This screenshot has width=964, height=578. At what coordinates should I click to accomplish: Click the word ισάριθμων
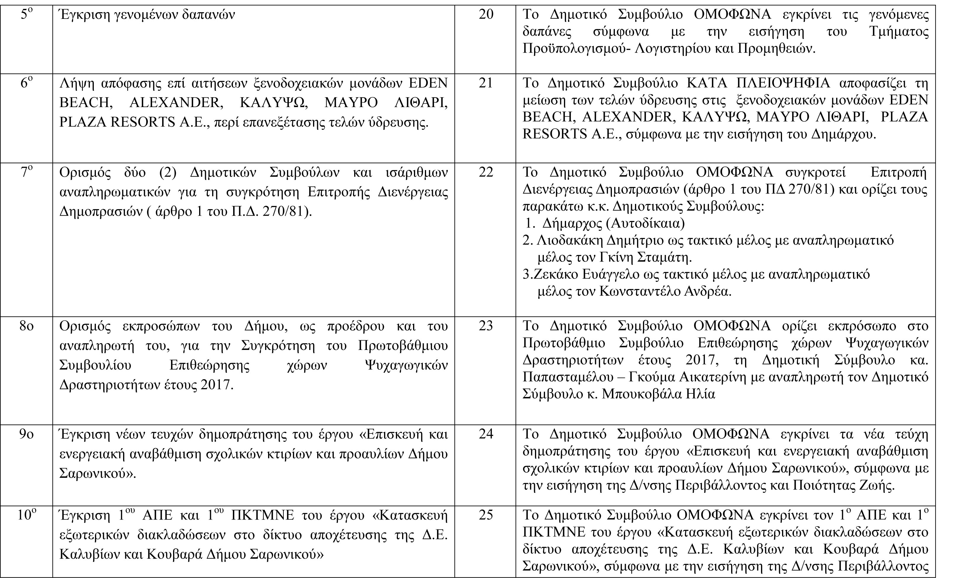point(416,172)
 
